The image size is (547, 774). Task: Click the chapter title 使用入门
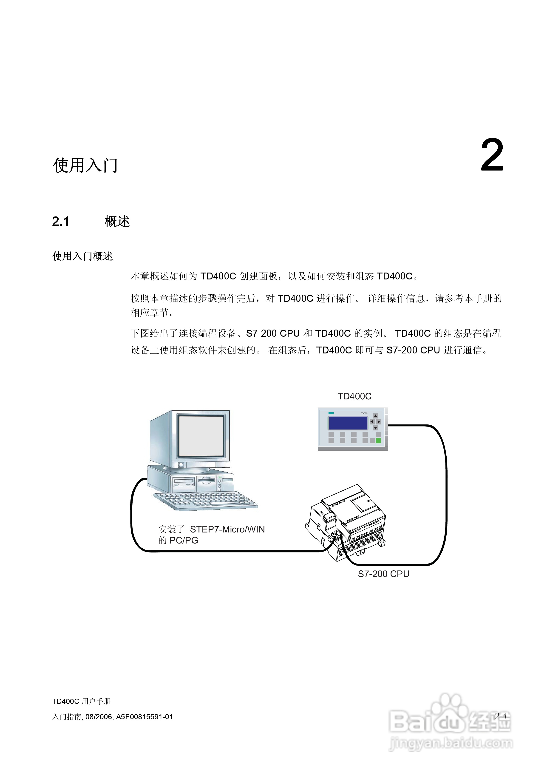coord(85,165)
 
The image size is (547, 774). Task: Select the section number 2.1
coord(61,222)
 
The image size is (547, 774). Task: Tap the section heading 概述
coord(117,222)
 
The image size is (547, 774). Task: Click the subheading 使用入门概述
coord(82,256)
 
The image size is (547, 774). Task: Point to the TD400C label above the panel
coord(354,396)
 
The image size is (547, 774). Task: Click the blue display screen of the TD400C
coord(348,423)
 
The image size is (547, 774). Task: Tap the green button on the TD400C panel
coord(378,441)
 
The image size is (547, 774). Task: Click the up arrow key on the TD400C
coord(375,416)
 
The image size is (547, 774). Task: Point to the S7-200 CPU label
coord(383,574)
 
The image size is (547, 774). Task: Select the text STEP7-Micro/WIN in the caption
coord(227,529)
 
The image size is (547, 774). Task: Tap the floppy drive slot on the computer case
coord(184,480)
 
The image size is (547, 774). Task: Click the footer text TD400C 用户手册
coord(81,701)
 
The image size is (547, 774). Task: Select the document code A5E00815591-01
coord(144,717)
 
